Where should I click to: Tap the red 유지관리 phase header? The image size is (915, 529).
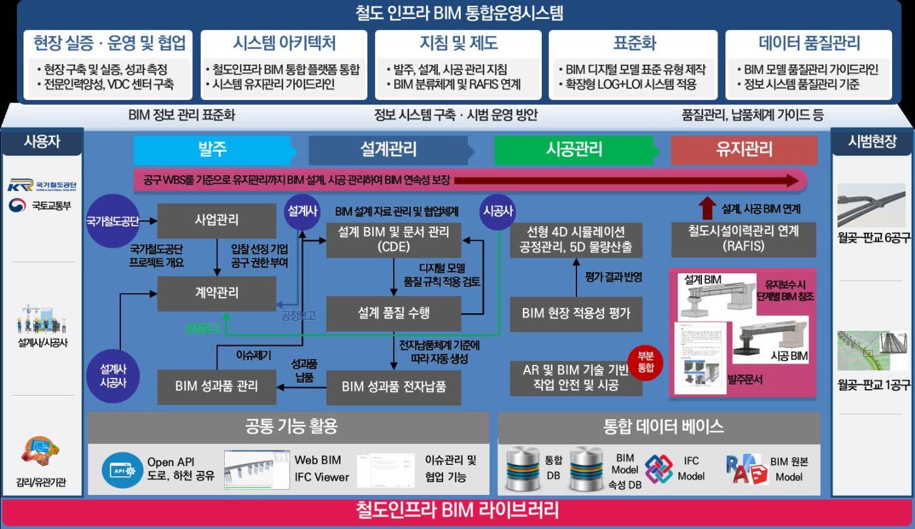click(744, 149)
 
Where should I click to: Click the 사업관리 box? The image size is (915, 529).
click(216, 220)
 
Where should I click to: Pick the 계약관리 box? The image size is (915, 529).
click(216, 293)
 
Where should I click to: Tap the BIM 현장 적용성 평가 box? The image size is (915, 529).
click(576, 313)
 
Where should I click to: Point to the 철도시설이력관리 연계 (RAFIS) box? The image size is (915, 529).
click(743, 238)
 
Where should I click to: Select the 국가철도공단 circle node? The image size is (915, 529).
click(112, 221)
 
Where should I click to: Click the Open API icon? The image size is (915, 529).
click(122, 469)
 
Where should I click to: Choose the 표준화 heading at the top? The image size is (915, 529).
click(634, 44)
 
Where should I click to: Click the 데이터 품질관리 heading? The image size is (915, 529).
click(808, 44)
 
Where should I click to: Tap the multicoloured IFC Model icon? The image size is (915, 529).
click(658, 469)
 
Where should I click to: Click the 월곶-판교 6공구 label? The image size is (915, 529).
click(874, 237)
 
